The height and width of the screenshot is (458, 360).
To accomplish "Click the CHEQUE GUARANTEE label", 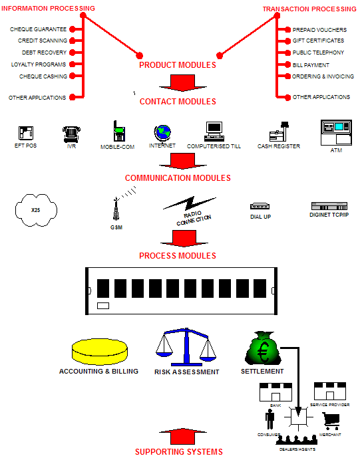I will (x=38, y=29).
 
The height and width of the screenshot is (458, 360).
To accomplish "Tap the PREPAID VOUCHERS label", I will (x=319, y=30).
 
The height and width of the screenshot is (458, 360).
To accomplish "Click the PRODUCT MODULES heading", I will (x=177, y=65).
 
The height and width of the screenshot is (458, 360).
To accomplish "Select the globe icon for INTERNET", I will (x=162, y=133).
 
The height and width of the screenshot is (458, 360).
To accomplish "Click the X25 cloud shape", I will (x=35, y=209).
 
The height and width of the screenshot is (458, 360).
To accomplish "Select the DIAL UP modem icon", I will (x=259, y=207).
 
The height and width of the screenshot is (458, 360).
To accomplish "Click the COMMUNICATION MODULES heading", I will (x=178, y=178).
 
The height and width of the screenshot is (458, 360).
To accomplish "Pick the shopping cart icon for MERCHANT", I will (x=330, y=421).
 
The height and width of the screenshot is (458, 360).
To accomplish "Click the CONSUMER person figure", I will (x=270, y=419).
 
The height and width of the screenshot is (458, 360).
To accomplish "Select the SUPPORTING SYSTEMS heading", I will (x=178, y=452).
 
